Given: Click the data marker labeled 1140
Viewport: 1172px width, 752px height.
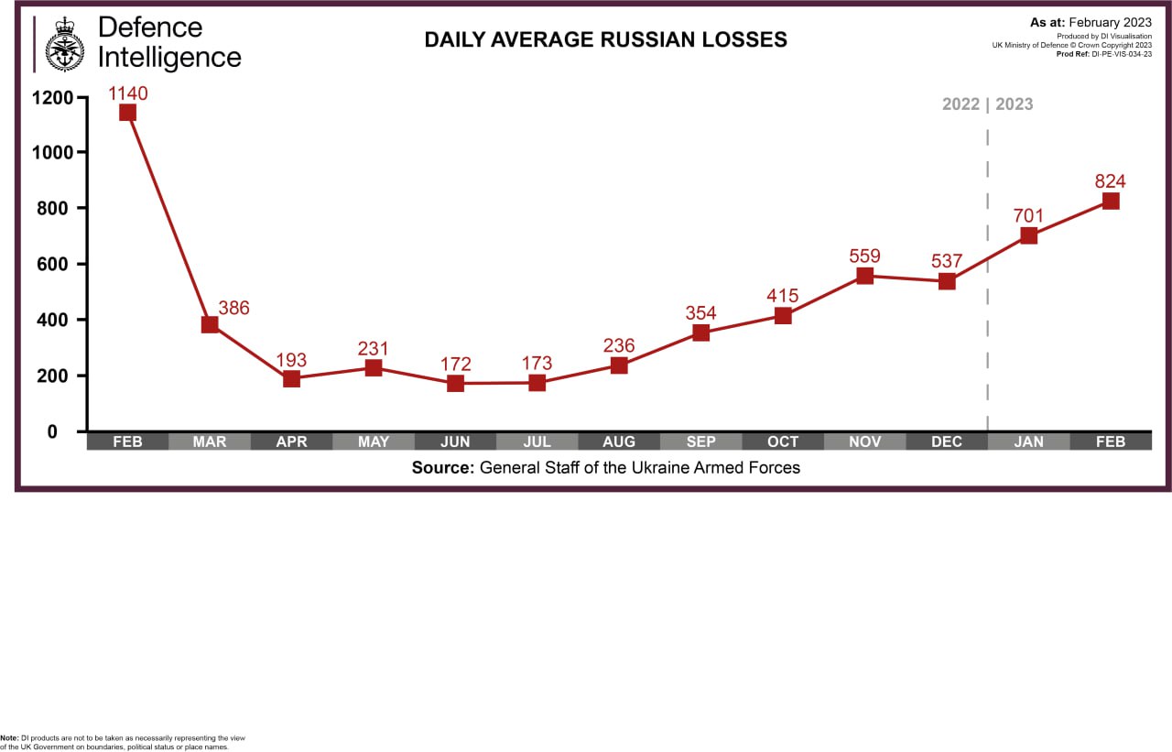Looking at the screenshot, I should (x=127, y=113).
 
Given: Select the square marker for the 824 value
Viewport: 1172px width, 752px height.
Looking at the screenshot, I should (x=1111, y=201).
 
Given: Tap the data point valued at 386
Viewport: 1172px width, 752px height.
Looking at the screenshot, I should (x=210, y=324).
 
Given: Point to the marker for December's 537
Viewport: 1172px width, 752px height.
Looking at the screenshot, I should (x=947, y=281).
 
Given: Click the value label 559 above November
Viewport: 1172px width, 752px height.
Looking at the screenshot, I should (x=864, y=256).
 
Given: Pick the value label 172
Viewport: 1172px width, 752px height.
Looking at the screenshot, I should (x=455, y=364).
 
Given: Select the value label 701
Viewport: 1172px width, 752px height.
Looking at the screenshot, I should (x=1028, y=216).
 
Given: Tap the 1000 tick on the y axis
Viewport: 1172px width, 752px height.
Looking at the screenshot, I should (x=51, y=152).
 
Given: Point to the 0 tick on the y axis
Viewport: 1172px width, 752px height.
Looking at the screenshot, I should (x=53, y=431).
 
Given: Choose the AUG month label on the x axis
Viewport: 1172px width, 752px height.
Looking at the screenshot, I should (x=619, y=441).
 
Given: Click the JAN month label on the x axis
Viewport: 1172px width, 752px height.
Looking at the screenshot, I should (x=1028, y=441).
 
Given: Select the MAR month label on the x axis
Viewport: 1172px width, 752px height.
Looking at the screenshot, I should (x=210, y=441).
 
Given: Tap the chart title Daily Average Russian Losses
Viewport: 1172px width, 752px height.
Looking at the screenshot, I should (x=605, y=39).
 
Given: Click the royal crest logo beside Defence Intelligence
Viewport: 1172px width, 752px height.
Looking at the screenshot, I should (x=64, y=44).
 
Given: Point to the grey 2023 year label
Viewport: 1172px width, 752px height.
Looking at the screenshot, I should (x=1015, y=104).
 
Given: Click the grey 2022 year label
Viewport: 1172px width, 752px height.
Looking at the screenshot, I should (x=961, y=104).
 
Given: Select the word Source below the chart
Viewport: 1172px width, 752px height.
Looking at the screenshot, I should (x=442, y=468).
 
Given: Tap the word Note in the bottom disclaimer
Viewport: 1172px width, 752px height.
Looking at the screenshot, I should (x=8, y=737).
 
